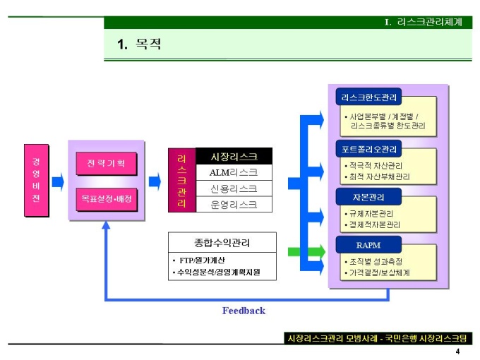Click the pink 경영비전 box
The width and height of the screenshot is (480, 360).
[36, 180]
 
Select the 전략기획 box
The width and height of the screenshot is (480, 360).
[105, 164]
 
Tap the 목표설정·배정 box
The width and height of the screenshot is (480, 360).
[105, 199]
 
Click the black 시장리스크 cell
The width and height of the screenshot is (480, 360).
[234, 157]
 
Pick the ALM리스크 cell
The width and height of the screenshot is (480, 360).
[234, 172]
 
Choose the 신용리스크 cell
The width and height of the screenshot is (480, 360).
[234, 188]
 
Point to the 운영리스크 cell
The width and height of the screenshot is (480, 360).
[234, 205]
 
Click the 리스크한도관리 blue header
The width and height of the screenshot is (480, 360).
[368, 97]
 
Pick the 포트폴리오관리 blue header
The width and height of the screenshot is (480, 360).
[368, 149]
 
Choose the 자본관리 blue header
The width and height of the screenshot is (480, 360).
[368, 196]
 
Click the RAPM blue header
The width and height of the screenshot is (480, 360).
[368, 245]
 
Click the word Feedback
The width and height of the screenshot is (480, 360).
[244, 311]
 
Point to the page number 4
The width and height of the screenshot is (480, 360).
[457, 352]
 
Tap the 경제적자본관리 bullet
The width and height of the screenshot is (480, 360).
[374, 224]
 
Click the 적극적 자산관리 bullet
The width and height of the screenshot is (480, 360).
[376, 166]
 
